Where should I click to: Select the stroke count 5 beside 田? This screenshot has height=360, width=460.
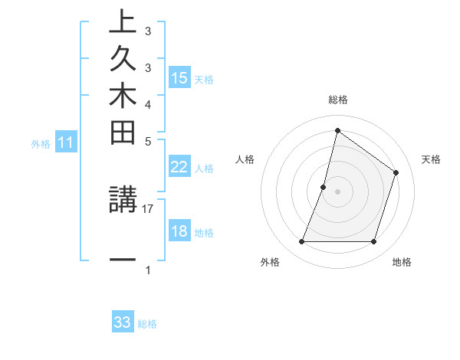pos(148,142)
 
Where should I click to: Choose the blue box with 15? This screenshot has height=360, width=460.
pos(179,78)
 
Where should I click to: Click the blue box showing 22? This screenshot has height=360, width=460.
pos(179,168)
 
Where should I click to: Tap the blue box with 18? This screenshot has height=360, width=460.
pos(179,232)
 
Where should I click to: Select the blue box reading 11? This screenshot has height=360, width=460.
pos(66,142)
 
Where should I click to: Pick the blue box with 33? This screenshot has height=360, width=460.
pos(123,322)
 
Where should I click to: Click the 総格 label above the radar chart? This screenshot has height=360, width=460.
pos(338,100)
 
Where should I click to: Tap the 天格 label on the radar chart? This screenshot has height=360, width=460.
pos(432,159)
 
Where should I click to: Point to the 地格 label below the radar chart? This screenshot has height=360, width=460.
pos(402,263)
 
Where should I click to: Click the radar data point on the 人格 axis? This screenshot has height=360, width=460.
pos(324,187)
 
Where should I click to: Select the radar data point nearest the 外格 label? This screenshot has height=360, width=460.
pos(302,242)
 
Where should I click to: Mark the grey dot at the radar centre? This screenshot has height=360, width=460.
pos(338,191)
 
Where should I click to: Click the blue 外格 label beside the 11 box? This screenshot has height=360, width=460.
pos(41,143)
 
